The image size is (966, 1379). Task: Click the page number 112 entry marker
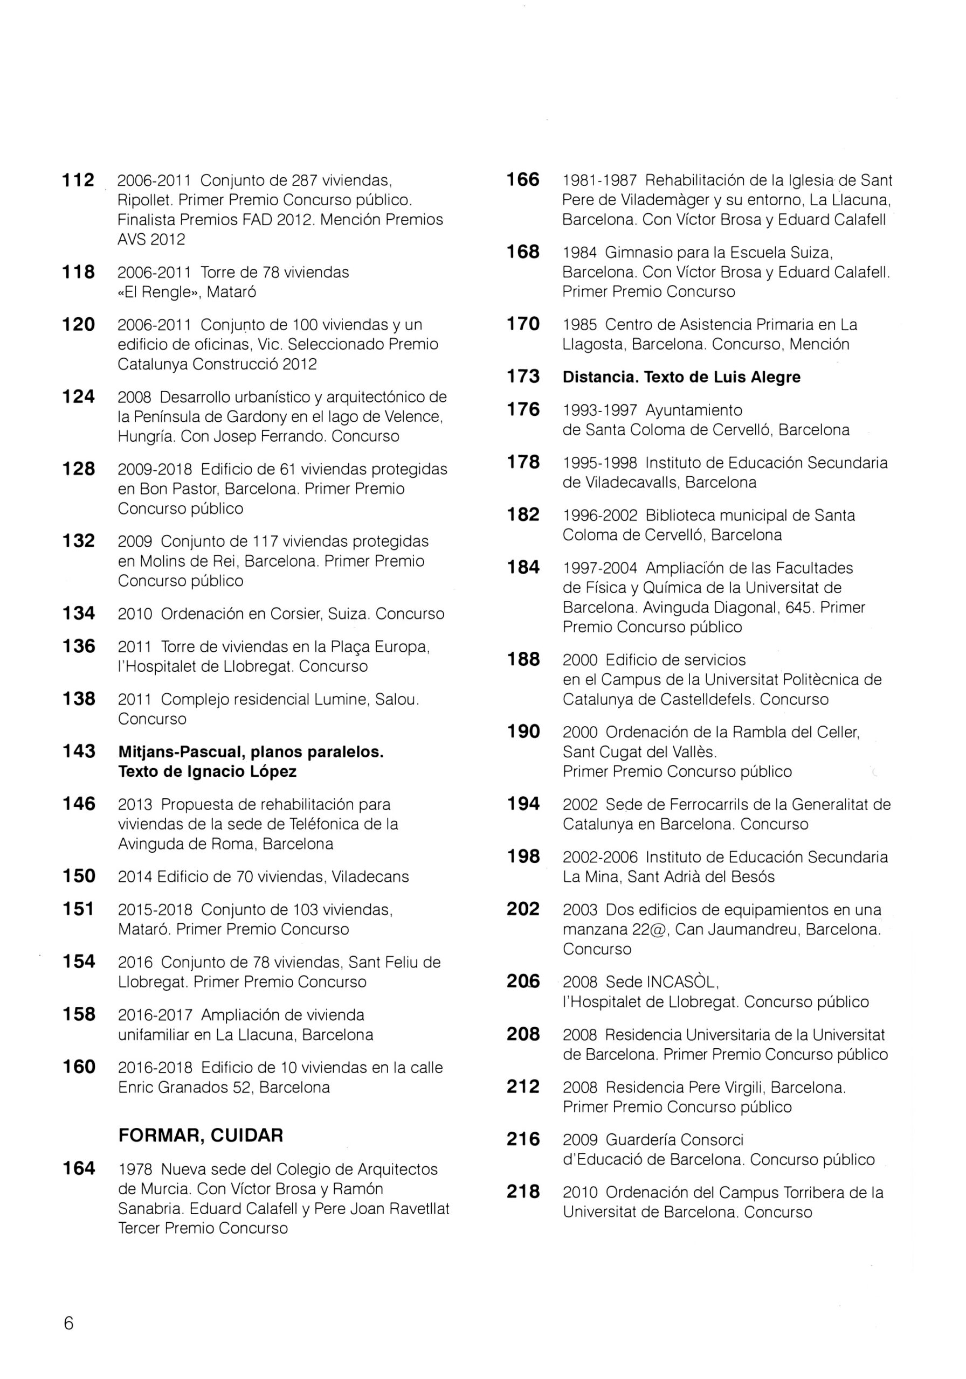tap(78, 180)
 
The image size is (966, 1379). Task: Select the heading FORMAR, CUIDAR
tap(200, 1135)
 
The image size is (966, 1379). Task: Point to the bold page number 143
tap(79, 751)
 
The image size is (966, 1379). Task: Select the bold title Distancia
tap(599, 377)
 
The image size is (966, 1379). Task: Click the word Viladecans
tap(372, 876)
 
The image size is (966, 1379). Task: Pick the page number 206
tap(523, 981)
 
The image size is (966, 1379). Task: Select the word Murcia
tap(153, 1189)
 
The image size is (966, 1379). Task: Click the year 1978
tap(136, 1169)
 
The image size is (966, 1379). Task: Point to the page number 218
tap(523, 1192)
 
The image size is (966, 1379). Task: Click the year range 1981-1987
tap(599, 180)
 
